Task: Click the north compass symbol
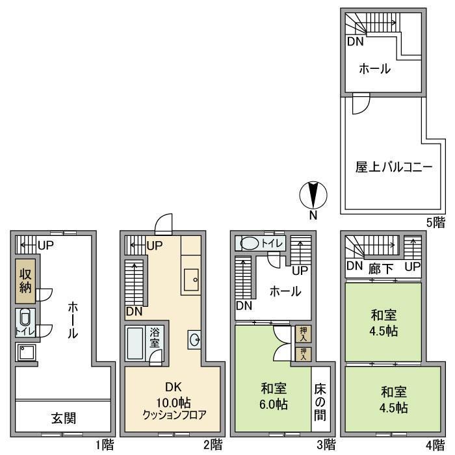pyautogui.click(x=313, y=196)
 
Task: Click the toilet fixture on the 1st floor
pyautogui.click(x=25, y=318)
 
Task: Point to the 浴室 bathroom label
pyautogui.click(x=155, y=336)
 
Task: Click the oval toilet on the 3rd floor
pyautogui.click(x=250, y=244)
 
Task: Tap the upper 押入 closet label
pyautogui.click(x=303, y=333)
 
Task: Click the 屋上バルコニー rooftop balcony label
pyautogui.click(x=393, y=167)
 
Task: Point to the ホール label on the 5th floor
pyautogui.click(x=374, y=68)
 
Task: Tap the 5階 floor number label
pyautogui.click(x=436, y=222)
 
